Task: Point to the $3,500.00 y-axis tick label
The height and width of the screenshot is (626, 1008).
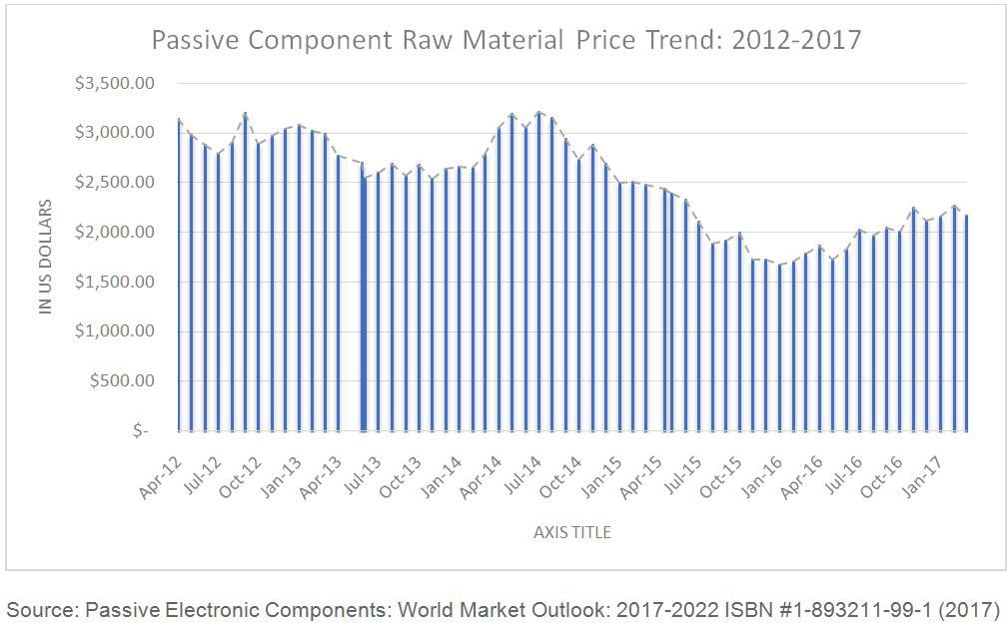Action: click(x=115, y=83)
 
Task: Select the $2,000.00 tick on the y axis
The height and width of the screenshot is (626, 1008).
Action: click(x=115, y=232)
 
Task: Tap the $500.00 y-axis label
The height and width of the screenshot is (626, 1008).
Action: click(x=122, y=380)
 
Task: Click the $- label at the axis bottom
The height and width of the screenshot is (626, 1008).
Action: click(x=141, y=430)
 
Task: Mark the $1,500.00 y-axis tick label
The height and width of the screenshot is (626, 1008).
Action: click(x=115, y=282)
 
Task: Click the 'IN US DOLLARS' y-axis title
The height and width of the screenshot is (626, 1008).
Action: click(x=45, y=257)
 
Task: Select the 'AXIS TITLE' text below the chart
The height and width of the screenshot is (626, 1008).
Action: click(x=572, y=532)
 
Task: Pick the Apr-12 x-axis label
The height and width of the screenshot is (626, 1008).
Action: click(x=160, y=477)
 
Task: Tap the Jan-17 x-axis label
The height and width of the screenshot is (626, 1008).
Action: click(x=922, y=477)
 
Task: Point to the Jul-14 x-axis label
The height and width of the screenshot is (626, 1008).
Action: click(x=521, y=476)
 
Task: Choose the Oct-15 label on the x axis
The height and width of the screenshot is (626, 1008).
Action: click(x=720, y=477)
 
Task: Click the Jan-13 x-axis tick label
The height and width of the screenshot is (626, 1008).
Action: click(x=281, y=477)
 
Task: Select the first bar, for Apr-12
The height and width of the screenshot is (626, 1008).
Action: click(x=179, y=275)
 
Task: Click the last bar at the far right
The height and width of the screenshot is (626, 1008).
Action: click(x=966, y=323)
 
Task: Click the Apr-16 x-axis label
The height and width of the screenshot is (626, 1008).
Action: click(x=801, y=477)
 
